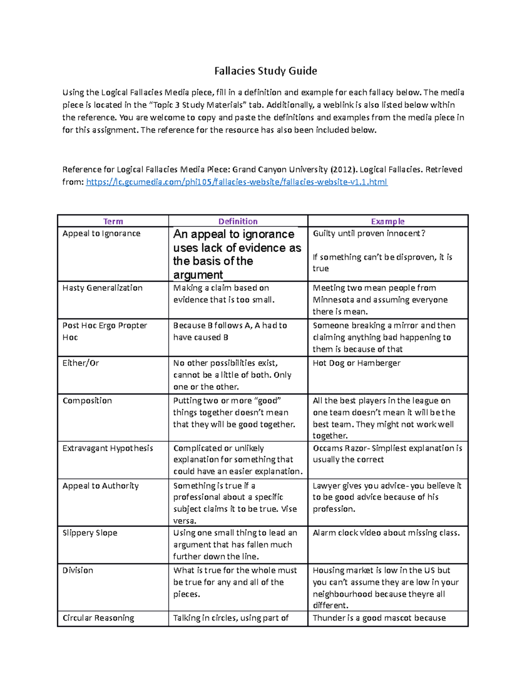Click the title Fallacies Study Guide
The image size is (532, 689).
pos(266,71)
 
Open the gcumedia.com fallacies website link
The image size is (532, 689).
pos(237,182)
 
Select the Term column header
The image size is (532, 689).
pos(113,221)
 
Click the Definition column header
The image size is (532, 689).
pos(238,221)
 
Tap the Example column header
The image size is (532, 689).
pos(387,221)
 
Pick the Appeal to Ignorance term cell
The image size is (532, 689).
pos(102,234)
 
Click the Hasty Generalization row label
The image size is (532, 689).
pos(102,288)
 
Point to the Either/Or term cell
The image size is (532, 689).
pos(81,363)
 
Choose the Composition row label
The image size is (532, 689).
pos(87,401)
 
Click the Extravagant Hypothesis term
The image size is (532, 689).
pos(108,448)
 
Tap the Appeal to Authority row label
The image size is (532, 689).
pos(101,486)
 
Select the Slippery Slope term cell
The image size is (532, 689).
pos(90,533)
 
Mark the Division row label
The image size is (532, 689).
pos(78,571)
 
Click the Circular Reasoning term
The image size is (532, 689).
pos(98,618)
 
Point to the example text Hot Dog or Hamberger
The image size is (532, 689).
pos(356,363)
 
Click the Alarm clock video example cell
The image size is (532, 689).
pos(386,533)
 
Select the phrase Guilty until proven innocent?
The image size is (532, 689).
pos(369,234)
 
